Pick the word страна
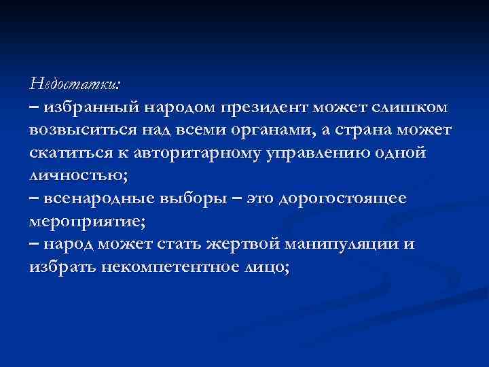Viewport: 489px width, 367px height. point(359,129)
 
